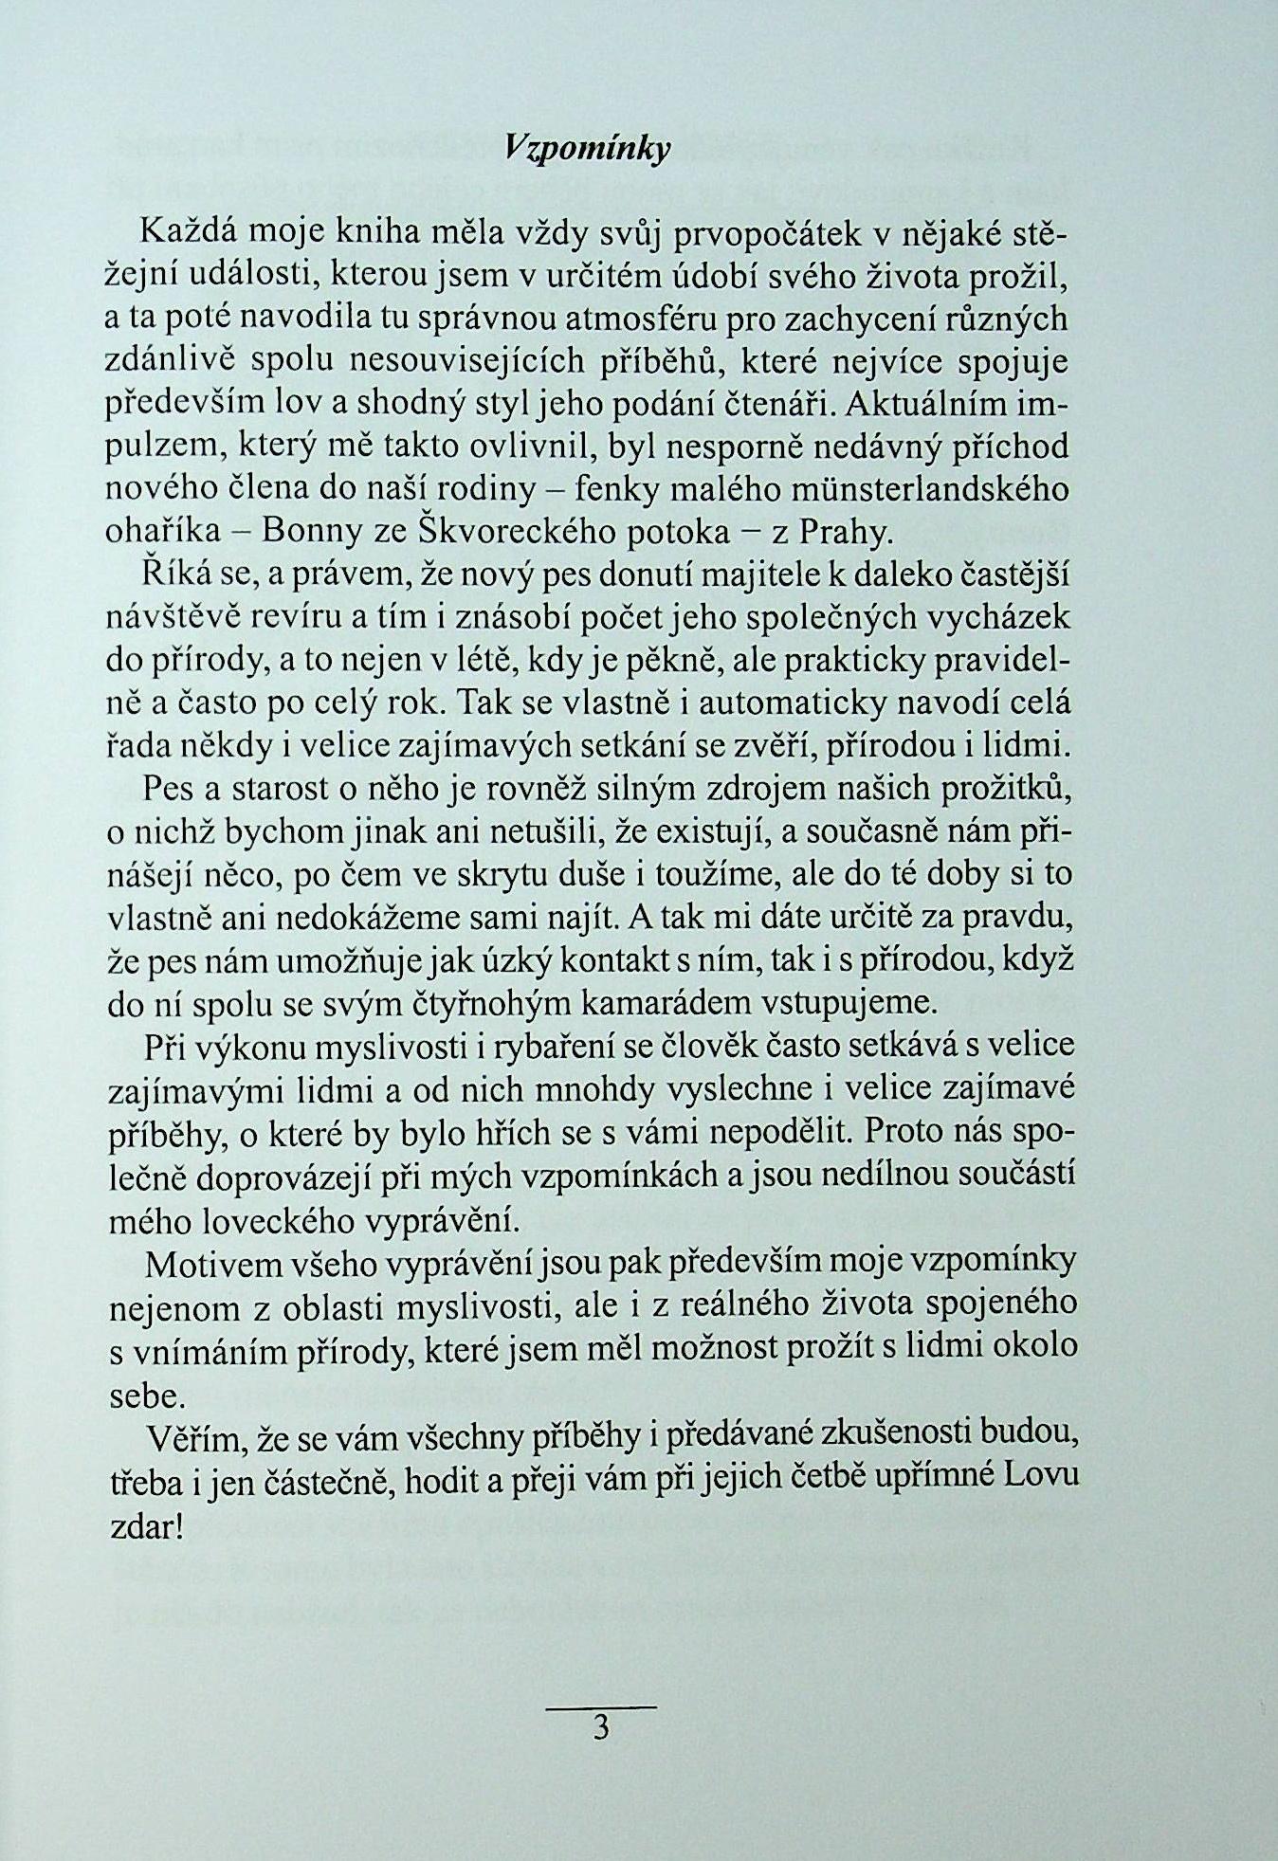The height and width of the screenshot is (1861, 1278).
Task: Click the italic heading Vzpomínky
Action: tap(587, 148)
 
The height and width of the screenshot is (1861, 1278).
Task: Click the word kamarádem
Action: tap(677, 1003)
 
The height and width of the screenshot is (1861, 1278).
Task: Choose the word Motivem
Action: tap(212, 1263)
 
